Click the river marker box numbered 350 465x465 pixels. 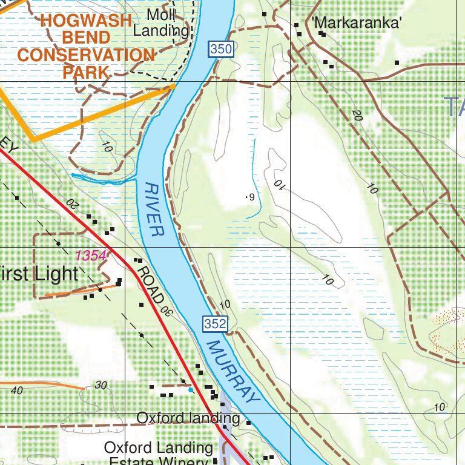[x=222, y=49]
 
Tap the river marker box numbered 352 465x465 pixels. [x=215, y=324]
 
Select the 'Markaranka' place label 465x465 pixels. [x=357, y=23]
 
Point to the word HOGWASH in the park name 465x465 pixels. [x=86, y=20]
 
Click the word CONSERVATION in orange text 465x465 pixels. [x=86, y=55]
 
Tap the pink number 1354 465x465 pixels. [x=91, y=256]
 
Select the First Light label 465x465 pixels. [x=38, y=274]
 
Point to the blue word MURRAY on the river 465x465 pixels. [x=232, y=372]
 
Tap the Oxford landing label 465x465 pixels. [x=188, y=418]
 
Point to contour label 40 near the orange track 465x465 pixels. [x=17, y=391]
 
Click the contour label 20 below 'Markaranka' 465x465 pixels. [x=357, y=115]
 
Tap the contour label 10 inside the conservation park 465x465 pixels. [x=107, y=146]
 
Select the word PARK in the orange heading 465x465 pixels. [x=86, y=73]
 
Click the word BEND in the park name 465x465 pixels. [x=86, y=38]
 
